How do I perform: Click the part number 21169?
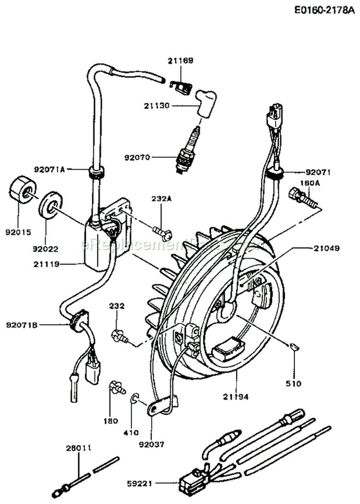(180, 61)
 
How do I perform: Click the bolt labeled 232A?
(163, 234)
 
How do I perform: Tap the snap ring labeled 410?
(135, 398)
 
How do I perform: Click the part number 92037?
(151, 444)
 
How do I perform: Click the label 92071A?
(49, 169)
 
